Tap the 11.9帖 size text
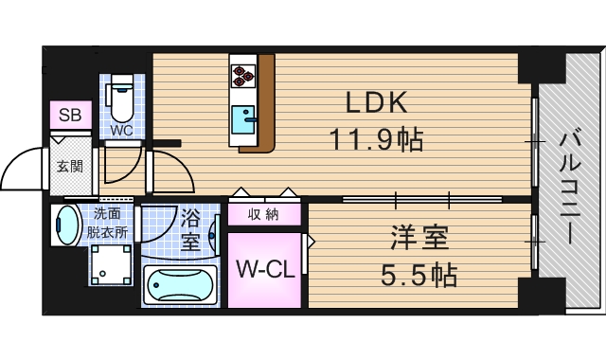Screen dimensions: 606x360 tap(376, 140)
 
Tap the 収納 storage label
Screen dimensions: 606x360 tap(264, 214)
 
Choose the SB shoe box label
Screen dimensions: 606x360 tap(70, 115)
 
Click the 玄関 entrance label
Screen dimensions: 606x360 tap(68, 166)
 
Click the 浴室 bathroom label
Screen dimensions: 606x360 tap(190, 230)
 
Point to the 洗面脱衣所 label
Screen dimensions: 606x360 tap(110, 223)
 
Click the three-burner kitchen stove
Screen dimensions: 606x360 tap(241, 74)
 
